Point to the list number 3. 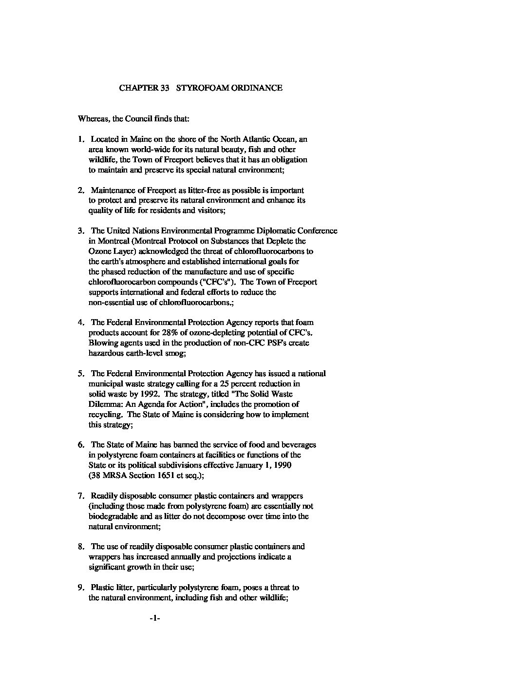click(x=80, y=231)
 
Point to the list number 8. click(x=80, y=547)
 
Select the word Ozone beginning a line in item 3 click(x=99, y=251)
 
